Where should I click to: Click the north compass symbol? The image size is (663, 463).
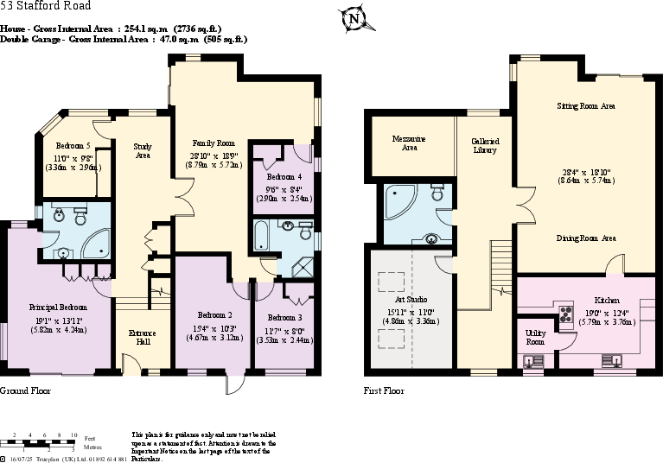click(352, 18)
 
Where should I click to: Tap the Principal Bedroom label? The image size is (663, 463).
click(58, 307)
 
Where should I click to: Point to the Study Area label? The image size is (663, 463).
click(143, 151)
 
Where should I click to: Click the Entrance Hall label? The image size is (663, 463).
click(143, 338)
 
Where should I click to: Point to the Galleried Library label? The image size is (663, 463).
click(485, 145)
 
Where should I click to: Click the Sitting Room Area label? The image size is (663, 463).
click(585, 105)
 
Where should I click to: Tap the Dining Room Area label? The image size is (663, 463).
click(585, 238)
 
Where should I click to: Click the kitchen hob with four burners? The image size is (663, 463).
click(567, 314)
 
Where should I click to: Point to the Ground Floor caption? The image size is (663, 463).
click(26, 390)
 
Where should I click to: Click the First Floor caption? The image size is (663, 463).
click(385, 390)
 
